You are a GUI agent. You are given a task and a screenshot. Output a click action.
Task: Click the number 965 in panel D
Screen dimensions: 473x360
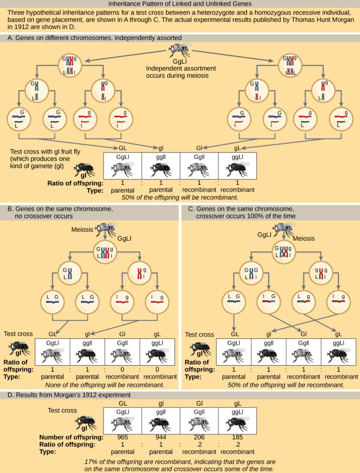tap(122, 437)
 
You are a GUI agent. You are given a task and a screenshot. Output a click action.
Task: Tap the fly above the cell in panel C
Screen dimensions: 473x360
tap(282, 228)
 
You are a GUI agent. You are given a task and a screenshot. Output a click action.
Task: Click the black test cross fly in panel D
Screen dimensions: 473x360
tap(85, 421)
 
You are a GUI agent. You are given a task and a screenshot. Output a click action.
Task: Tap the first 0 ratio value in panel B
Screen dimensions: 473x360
tap(123, 369)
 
